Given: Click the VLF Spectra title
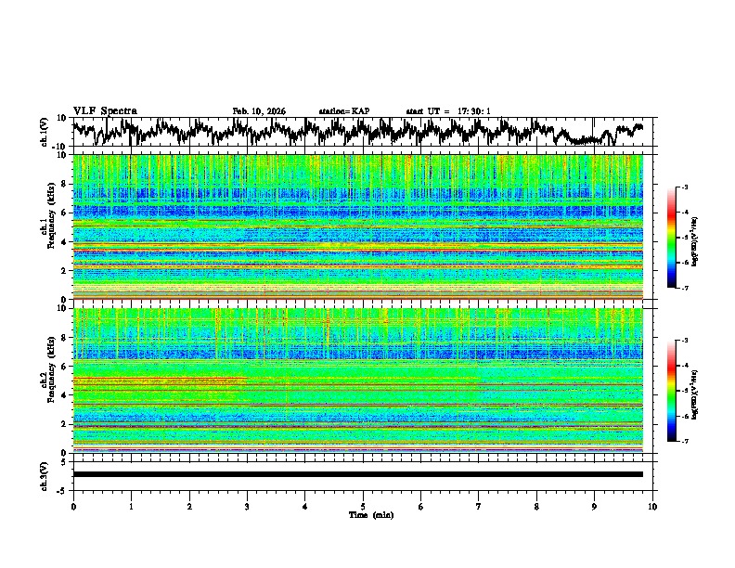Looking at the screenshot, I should pos(105,111).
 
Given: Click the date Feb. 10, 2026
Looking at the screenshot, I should pos(259,111).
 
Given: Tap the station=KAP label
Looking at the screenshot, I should pos(344,111).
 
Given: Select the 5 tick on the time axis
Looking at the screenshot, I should pos(363,506).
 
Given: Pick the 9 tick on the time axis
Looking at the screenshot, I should pos(595,506).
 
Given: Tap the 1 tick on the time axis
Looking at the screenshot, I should pos(131,506).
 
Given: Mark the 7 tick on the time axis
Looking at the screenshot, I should pos(479,506).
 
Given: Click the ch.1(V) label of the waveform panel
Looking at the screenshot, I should pos(45,132).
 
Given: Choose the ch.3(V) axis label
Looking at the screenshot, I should pos(45,474).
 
